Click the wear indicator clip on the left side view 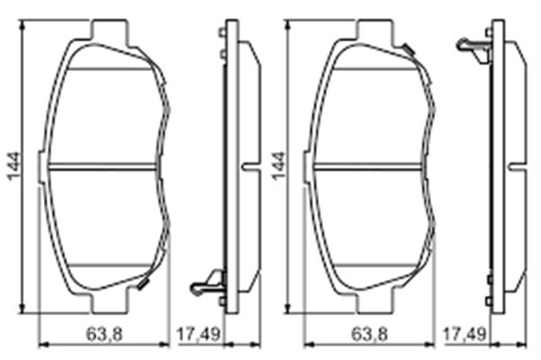(208, 281)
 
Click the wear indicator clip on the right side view (473, 46)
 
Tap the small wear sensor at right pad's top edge (407, 50)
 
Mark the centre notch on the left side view (250, 166)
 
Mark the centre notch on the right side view (515, 166)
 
